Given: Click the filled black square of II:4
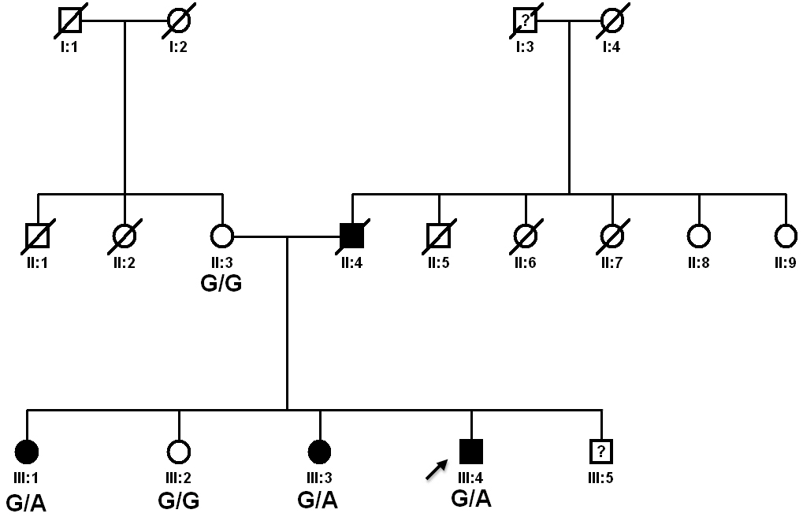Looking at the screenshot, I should (x=351, y=235).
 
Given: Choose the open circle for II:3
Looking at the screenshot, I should (x=222, y=235).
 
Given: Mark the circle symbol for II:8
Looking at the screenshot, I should (x=699, y=235).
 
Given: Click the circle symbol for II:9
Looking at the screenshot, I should (x=786, y=235).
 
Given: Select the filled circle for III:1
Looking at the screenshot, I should (x=27, y=452).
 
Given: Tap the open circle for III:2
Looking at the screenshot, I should (x=179, y=452).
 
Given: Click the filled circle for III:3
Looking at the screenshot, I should (x=319, y=452).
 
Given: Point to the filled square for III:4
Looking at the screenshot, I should (x=471, y=451).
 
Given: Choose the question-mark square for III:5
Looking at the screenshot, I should (x=601, y=452).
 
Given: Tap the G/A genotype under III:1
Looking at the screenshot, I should (x=26, y=502).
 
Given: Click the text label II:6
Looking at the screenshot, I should (x=526, y=262).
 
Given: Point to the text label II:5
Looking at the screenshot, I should (x=439, y=262).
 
